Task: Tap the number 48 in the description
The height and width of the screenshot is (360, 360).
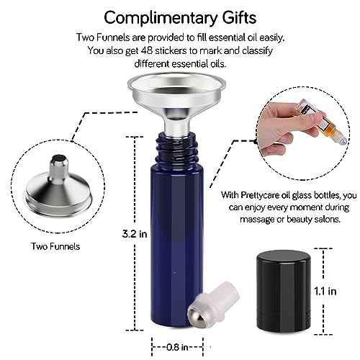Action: pos(146,50)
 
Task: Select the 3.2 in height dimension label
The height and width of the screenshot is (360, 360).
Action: pos(135,234)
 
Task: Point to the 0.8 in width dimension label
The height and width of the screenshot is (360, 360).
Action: pos(177,347)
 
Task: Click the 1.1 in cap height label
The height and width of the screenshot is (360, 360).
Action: pos(325,291)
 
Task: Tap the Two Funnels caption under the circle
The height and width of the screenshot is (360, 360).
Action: pos(55,246)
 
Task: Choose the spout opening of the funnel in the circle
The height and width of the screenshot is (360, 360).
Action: pos(60,158)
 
